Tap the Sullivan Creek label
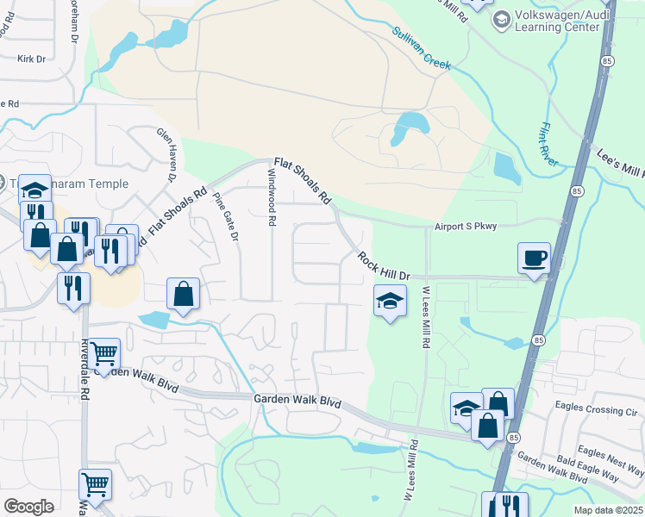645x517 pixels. click(423, 49)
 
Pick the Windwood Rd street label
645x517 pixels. click(272, 196)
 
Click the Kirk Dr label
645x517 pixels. click(31, 59)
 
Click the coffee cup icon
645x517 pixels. click(534, 257)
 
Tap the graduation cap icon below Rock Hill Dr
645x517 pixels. click(390, 301)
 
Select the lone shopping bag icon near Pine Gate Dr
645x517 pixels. click(184, 294)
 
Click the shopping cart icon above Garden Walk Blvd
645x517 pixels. click(103, 352)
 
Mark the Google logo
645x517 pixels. click(28, 507)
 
